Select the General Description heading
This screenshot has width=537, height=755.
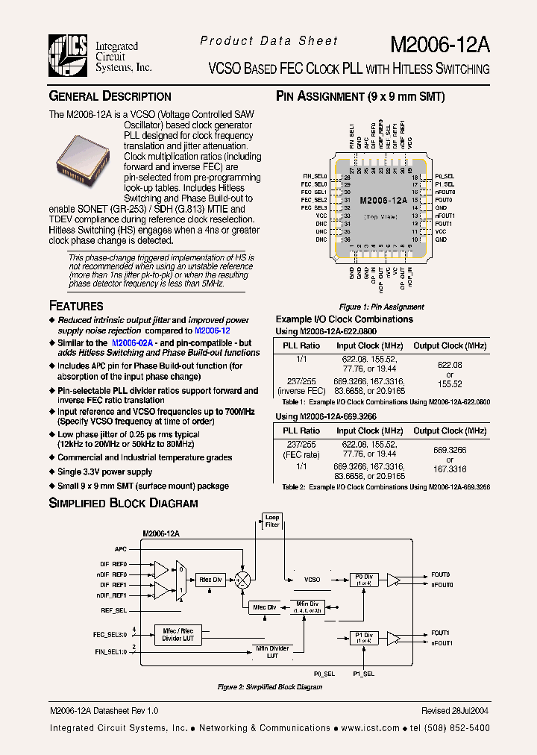[x=110, y=96]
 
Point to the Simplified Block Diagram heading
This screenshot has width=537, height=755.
[x=123, y=503]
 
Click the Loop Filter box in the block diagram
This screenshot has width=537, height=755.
[x=272, y=521]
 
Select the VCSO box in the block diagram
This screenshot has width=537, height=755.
[x=312, y=580]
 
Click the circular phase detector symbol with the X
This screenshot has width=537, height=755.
[x=242, y=580]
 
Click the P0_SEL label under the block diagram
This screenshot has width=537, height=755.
[x=324, y=673]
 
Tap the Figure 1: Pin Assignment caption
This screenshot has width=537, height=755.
[x=381, y=307]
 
